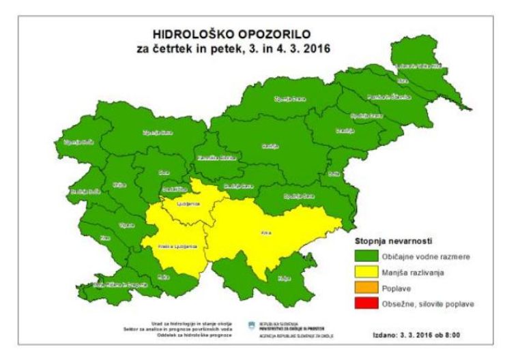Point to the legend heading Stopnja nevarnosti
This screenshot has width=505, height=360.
click(390, 241)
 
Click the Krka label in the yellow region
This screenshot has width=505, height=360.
click(266, 233)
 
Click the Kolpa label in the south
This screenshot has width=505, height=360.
click(283, 278)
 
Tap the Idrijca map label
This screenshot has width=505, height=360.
click(119, 185)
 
